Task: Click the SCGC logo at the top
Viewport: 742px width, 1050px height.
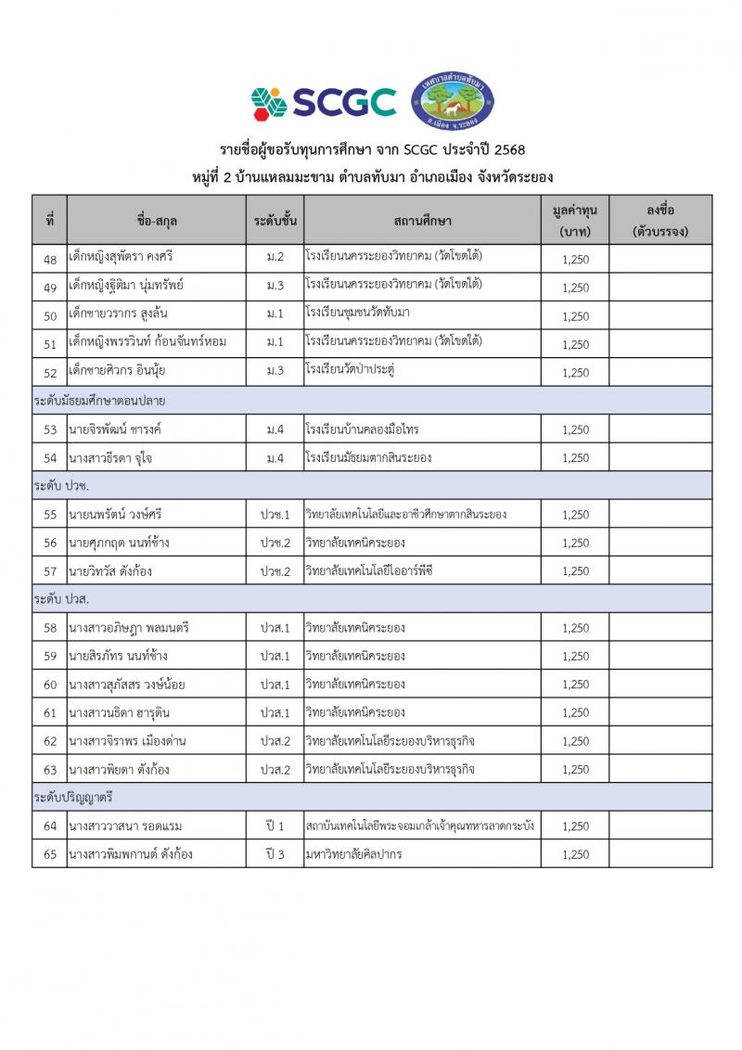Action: (323, 102)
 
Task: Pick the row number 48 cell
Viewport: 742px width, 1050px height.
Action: (50, 259)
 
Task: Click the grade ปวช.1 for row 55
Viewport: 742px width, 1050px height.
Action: (275, 514)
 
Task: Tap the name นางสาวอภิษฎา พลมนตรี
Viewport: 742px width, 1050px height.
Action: (129, 628)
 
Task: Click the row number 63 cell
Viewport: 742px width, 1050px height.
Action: (50, 769)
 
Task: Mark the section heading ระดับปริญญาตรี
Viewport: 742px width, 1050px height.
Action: (73, 798)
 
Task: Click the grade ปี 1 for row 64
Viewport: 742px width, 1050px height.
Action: (275, 826)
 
